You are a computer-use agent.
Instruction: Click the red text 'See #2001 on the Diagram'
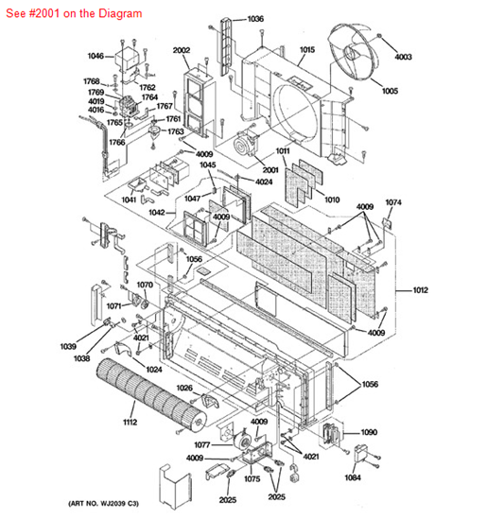pyautogui.click(x=74, y=13)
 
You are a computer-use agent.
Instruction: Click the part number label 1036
pyautogui.click(x=255, y=19)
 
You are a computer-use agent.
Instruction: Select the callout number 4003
pyautogui.click(x=403, y=57)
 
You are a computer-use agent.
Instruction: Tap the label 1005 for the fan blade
pyautogui.click(x=390, y=91)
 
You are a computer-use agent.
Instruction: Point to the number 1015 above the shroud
pyautogui.click(x=307, y=50)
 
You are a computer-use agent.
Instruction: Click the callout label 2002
pyautogui.click(x=182, y=50)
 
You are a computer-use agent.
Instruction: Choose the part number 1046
pyautogui.click(x=96, y=56)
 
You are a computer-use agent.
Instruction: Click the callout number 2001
pyautogui.click(x=270, y=170)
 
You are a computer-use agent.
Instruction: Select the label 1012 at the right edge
pyautogui.click(x=420, y=290)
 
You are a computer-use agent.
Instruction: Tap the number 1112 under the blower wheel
pyautogui.click(x=130, y=422)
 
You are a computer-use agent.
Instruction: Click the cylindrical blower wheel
pyautogui.click(x=151, y=394)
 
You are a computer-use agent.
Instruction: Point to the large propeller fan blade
pyautogui.click(x=354, y=51)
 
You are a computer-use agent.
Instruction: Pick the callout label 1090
pyautogui.click(x=369, y=432)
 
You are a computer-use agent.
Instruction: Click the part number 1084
pyautogui.click(x=353, y=477)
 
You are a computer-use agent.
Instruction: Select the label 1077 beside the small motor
pyautogui.click(x=202, y=444)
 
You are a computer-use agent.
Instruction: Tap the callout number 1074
pyautogui.click(x=393, y=202)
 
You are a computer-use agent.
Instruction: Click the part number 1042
pyautogui.click(x=157, y=212)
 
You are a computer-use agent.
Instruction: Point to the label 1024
pyautogui.click(x=154, y=369)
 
